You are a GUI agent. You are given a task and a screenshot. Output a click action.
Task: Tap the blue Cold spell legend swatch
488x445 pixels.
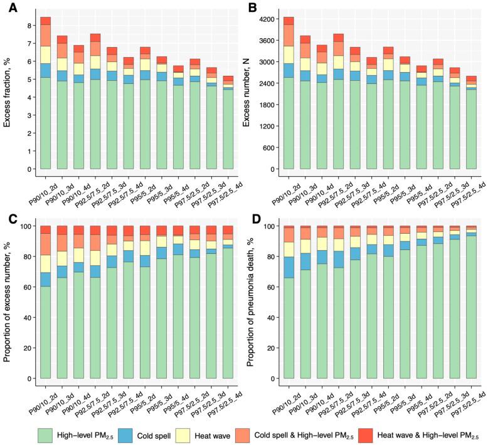pyautogui.click(x=128, y=434)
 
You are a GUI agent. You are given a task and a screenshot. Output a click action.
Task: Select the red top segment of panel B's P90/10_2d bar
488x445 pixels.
pyautogui.click(x=289, y=21)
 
